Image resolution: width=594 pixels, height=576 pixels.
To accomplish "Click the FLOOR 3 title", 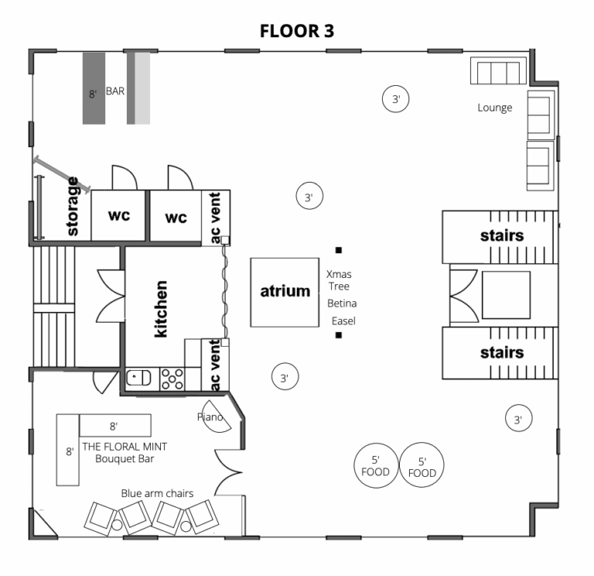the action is [297, 31].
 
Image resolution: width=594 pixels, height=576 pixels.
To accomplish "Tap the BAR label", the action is [115, 91].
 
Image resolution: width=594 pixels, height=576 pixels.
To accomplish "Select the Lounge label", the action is [495, 108].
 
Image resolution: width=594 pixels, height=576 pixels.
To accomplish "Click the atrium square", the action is [285, 293].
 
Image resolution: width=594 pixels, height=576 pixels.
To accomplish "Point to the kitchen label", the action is [161, 309].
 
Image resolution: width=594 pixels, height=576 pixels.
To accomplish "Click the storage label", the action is [72, 206].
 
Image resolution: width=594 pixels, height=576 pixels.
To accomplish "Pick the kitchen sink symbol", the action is [138, 378].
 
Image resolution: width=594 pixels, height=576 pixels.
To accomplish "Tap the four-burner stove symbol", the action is [172, 379].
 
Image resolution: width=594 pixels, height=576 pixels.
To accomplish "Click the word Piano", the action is [210, 417].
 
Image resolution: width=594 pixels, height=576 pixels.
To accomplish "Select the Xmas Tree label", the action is [339, 280].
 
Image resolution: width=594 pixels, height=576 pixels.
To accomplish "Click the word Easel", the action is [343, 321].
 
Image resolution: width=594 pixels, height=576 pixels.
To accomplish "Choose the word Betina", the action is [342, 303].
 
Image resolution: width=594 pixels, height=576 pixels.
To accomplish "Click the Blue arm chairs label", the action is [157, 493].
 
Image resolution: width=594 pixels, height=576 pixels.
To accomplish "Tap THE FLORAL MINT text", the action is [125, 447].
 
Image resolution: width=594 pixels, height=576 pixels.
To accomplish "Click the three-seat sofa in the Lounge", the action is [498, 71].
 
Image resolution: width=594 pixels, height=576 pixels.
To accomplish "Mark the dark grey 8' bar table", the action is [94, 88].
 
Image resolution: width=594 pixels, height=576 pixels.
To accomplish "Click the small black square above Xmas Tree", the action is [339, 250].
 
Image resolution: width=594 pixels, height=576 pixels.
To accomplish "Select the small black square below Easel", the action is [339, 335].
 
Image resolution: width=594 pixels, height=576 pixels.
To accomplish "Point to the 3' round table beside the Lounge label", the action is [395, 99].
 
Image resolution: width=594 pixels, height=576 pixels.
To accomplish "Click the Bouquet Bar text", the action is [125, 459].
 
